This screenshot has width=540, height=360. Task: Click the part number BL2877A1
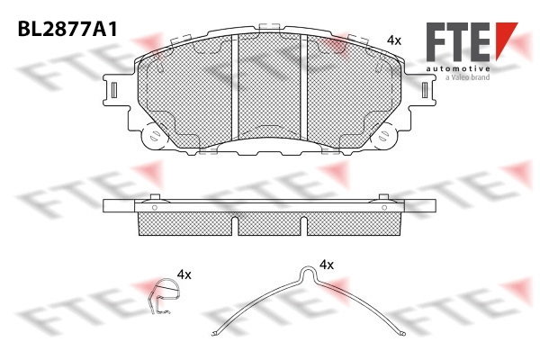(x=67, y=29)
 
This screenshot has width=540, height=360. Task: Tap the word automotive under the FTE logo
(x=458, y=69)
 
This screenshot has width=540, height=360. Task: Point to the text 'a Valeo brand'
(x=467, y=77)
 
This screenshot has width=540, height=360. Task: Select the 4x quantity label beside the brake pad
(x=394, y=40)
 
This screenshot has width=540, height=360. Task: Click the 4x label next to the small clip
(x=184, y=274)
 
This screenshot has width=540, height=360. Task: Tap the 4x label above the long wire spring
(x=327, y=265)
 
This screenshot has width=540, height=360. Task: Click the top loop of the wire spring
(x=308, y=271)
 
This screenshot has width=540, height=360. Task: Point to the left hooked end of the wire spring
(x=215, y=333)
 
